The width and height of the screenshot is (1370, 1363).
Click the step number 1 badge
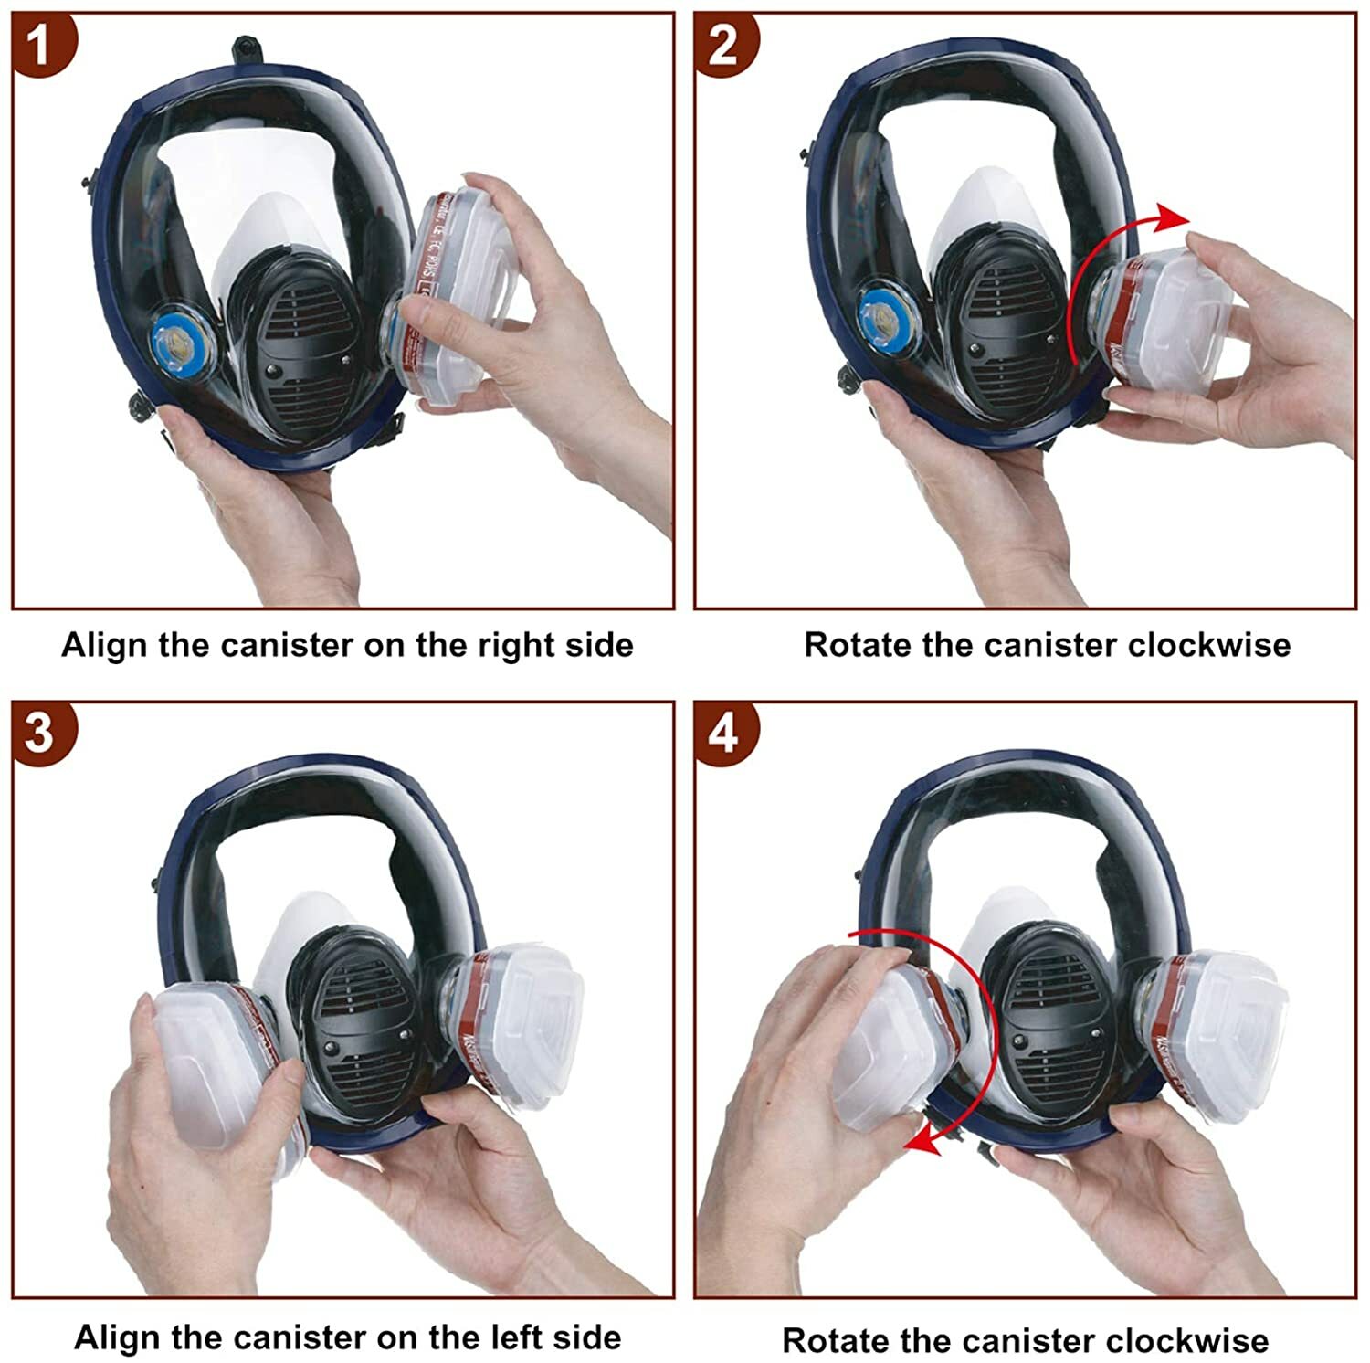(x=40, y=42)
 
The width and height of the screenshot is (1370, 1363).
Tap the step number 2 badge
(x=723, y=42)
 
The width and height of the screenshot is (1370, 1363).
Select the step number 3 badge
(x=40, y=733)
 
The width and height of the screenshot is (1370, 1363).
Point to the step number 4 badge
(x=723, y=733)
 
